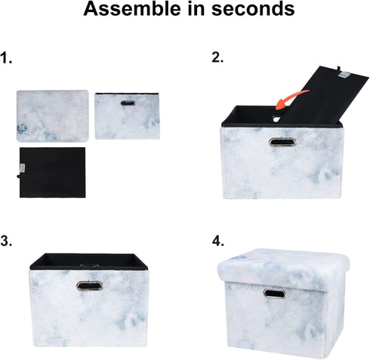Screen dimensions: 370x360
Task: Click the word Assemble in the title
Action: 132,8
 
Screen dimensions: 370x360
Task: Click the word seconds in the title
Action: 253,8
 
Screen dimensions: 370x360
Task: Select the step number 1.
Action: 6,58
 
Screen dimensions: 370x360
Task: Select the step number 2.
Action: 217,57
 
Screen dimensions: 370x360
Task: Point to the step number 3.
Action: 6,241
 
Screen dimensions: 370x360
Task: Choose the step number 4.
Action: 217,241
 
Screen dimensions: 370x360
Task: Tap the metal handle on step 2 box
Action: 282,143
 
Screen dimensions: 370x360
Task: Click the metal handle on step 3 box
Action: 90,286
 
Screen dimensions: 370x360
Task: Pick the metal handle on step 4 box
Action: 275,294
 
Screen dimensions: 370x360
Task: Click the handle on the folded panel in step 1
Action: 128,103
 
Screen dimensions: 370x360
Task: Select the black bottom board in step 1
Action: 52,172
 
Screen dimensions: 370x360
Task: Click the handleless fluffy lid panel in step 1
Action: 52,116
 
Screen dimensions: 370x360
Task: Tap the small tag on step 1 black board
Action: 22,168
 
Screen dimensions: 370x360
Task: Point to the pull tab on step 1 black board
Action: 18,177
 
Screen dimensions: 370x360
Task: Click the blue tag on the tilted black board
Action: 343,75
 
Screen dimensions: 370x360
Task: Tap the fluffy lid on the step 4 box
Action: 283,265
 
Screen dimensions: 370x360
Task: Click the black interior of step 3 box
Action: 88,262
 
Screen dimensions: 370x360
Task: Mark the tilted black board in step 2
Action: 325,97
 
